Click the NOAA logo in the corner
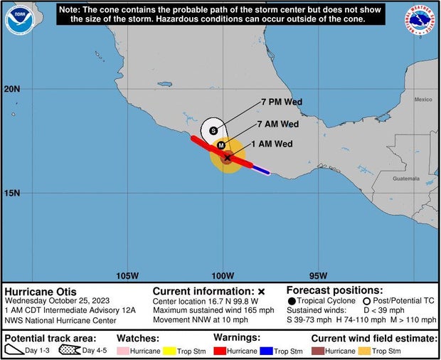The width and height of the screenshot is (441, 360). [18, 19]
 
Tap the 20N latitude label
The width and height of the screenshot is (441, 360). [12, 89]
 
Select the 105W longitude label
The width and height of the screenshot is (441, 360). [127, 276]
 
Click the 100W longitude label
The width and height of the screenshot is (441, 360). [223, 276]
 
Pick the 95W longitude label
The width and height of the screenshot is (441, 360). [319, 276]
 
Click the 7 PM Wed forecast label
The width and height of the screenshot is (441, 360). [282, 102]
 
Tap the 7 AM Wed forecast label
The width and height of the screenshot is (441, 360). [277, 124]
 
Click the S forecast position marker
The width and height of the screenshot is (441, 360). [213, 130]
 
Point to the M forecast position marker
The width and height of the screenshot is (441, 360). [221, 145]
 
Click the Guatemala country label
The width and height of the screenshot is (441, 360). [406, 179]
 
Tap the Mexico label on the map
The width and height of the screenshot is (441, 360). [423, 100]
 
